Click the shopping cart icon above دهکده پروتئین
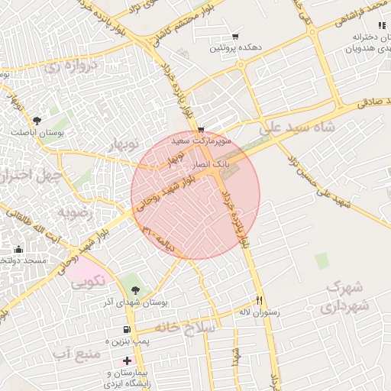234,37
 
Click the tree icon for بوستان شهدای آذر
135,289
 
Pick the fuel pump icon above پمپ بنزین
126,330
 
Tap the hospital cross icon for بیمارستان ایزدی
127,359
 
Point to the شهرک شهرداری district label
337,298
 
